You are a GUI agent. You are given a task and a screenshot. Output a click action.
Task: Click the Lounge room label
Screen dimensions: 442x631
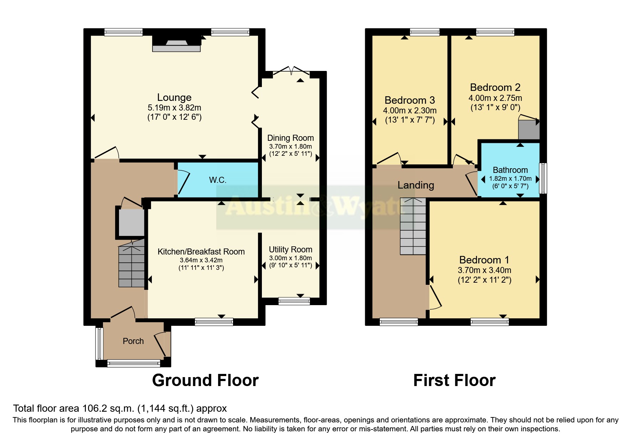(x=174, y=97)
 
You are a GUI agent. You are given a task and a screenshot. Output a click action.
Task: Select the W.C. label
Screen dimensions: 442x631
(x=217, y=180)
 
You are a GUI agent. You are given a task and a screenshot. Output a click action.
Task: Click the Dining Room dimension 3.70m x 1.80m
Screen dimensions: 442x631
(x=290, y=147)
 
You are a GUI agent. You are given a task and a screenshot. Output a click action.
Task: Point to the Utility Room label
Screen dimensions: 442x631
(x=290, y=250)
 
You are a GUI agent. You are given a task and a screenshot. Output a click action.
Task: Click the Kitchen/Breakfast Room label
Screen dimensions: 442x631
(x=201, y=252)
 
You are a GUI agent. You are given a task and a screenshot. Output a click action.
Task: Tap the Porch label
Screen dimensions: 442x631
(x=133, y=341)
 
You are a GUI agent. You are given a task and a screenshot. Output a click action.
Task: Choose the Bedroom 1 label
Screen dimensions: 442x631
(x=484, y=260)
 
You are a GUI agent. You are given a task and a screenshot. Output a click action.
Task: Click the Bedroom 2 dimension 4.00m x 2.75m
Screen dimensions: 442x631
(x=495, y=98)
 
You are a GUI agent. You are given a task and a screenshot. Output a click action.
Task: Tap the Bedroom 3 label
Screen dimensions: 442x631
(x=410, y=100)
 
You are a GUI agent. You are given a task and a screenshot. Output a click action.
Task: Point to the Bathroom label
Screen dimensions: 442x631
(x=510, y=170)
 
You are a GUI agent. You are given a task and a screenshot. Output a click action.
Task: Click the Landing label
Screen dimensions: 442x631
(x=415, y=185)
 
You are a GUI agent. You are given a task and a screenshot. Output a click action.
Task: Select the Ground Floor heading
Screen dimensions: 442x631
(x=205, y=380)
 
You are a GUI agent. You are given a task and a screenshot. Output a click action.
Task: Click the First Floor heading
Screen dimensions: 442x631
(x=454, y=380)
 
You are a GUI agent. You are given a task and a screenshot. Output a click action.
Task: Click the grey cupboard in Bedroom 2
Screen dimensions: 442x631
(x=529, y=130)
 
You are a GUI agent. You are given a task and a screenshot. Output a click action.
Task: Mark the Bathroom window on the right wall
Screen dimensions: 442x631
(x=543, y=178)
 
